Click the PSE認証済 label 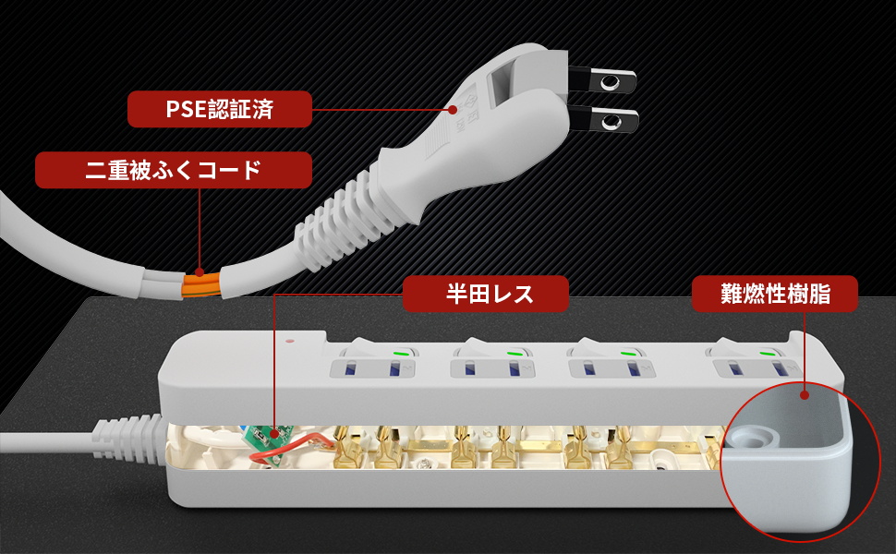(219, 109)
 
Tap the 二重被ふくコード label (173, 171)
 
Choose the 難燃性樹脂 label (774, 295)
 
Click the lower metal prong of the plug (605, 121)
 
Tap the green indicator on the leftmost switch (400, 352)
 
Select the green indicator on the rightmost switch (767, 352)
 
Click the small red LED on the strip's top (290, 340)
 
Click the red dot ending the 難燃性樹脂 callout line (805, 394)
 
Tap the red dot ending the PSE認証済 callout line (454, 109)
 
